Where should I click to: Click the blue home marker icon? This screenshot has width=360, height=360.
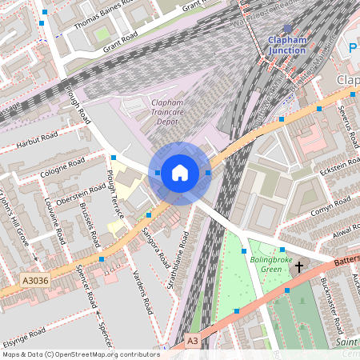click(x=180, y=172)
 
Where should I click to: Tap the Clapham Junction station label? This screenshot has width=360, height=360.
click(x=287, y=44)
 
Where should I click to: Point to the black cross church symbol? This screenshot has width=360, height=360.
click(x=299, y=267)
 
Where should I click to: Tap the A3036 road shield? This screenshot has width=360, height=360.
click(x=36, y=281)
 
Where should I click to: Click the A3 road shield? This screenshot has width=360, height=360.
click(x=192, y=340)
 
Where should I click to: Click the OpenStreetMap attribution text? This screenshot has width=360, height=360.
click(x=80, y=354)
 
